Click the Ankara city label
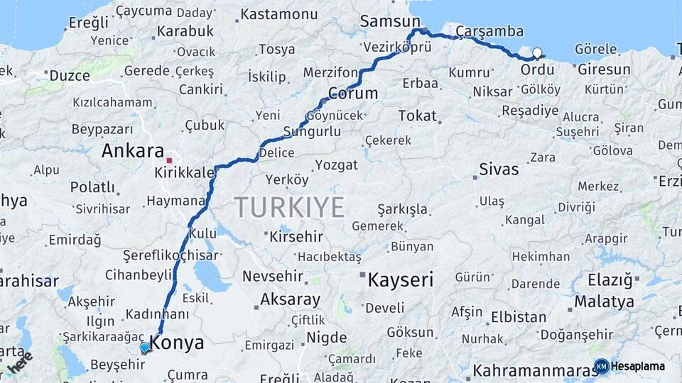click(133, 150)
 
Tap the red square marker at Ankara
click(169, 151)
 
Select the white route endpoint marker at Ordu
click(537, 52)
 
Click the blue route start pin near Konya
click(145, 348)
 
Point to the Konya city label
click(178, 343)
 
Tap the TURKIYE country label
click(289, 207)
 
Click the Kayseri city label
click(400, 279)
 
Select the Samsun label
click(390, 21)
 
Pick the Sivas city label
click(499, 170)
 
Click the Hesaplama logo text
click(637, 366)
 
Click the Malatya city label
click(604, 301)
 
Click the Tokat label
click(417, 115)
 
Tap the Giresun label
click(604, 70)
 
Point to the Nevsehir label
click(273, 276)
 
